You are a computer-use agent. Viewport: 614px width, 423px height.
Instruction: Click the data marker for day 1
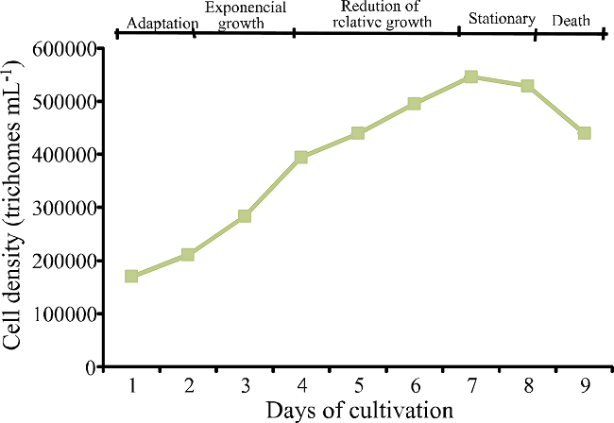(x=131, y=276)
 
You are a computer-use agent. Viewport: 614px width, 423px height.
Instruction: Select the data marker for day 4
(x=301, y=157)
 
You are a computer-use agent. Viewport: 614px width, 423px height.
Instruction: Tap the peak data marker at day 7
(x=470, y=76)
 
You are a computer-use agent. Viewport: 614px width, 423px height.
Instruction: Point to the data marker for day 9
(x=584, y=133)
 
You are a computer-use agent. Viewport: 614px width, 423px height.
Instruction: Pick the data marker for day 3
(x=245, y=216)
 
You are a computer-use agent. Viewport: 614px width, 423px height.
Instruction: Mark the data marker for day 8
(x=527, y=86)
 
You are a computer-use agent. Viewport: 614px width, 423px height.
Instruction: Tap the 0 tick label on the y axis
(x=91, y=367)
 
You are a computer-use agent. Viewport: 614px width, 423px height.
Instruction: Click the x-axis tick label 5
(x=358, y=385)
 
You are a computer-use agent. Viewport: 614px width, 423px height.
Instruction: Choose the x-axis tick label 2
(x=189, y=385)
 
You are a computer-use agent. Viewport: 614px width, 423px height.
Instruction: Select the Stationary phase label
(x=502, y=19)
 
